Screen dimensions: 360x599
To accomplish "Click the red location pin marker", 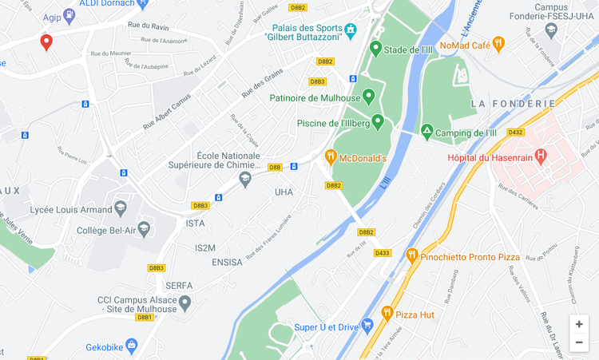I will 46,42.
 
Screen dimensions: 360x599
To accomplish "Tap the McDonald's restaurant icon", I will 331,158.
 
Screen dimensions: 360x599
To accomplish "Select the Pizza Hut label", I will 415,315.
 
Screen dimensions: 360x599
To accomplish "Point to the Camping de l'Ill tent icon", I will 427,132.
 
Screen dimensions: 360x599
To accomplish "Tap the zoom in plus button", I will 579,324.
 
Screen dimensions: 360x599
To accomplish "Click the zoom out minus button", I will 579,342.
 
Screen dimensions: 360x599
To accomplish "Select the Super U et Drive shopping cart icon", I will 367,326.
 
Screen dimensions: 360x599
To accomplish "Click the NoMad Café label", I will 464,45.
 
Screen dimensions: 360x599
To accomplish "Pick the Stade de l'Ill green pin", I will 376,49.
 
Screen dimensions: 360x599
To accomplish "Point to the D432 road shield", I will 515,132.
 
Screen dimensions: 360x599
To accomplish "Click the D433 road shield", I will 383,253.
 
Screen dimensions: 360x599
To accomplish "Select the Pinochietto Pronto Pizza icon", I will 412,256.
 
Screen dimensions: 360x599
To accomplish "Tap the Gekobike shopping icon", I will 132,346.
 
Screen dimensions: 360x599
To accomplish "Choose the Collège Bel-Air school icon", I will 144,230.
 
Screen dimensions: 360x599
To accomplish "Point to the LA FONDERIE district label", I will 513,104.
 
